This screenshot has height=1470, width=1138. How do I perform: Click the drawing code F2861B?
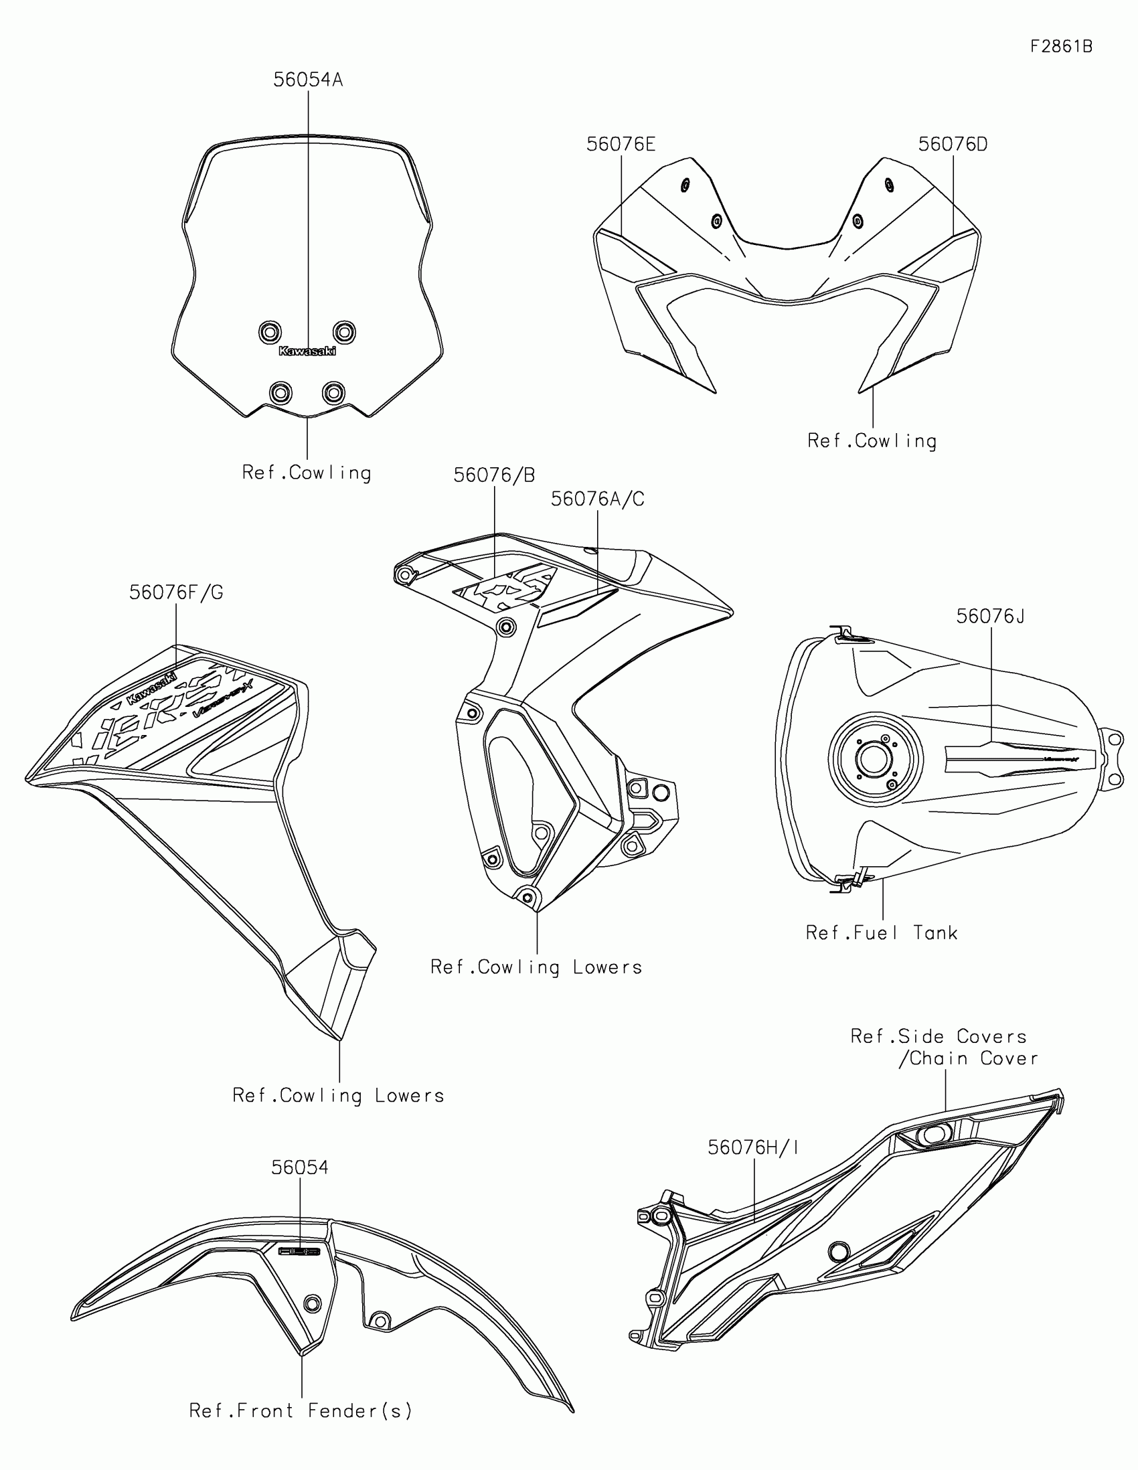1061,46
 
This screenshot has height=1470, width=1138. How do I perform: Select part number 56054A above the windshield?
307,80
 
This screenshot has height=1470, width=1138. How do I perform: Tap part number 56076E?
621,145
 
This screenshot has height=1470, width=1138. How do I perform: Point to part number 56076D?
953,145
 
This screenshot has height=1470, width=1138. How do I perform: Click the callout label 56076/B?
494,475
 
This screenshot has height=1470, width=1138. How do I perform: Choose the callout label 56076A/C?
598,499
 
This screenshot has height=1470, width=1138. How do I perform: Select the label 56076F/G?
175,592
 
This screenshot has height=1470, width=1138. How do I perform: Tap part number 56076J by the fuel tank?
990,616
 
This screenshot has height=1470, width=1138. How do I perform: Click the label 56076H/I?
753,1147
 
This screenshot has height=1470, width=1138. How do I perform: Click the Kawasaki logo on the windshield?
307,351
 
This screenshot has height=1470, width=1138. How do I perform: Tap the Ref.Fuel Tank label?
882,933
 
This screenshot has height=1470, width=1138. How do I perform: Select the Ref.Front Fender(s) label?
301,1410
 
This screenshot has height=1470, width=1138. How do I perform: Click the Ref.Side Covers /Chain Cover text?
944,1047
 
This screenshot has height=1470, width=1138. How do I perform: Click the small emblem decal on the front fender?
299,1251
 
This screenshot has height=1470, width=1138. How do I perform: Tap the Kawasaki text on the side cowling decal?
151,688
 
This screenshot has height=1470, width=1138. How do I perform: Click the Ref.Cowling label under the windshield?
307,473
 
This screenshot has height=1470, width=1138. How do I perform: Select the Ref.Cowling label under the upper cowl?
872,441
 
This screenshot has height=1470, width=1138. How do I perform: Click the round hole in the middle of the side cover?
839,1251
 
